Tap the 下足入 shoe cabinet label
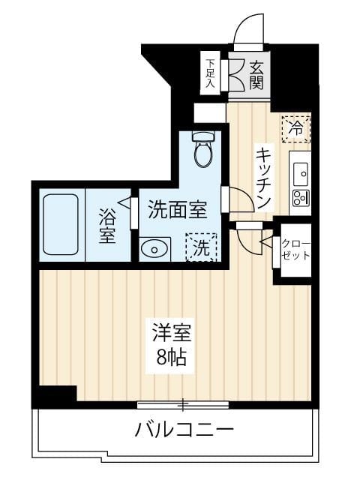(x=211, y=73)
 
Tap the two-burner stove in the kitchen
(x=300, y=199)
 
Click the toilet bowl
(x=202, y=154)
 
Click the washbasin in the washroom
(x=153, y=248)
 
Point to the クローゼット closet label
(x=295, y=248)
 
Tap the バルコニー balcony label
(x=184, y=430)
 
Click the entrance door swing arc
(x=246, y=34)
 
